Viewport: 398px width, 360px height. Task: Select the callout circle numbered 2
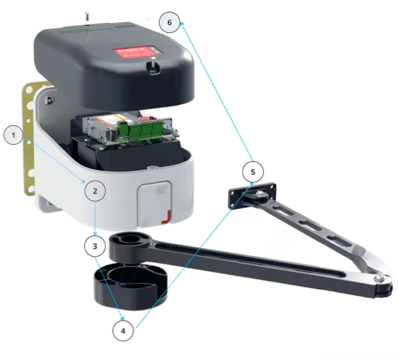coord(95,191)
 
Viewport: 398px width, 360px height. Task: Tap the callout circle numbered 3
coord(95,246)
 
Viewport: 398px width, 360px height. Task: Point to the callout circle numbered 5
coord(253,171)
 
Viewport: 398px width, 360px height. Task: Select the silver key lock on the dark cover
coord(151,64)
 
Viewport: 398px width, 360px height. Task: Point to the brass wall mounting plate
coord(29,137)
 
